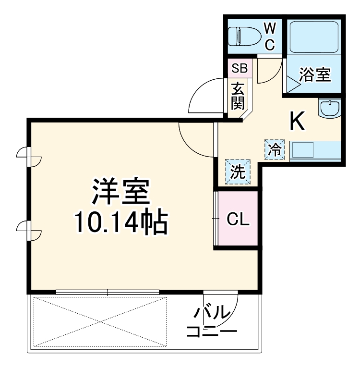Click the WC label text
click(x=269, y=36)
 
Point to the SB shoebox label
click(x=239, y=68)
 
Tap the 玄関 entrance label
click(x=238, y=96)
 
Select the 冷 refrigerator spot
click(x=275, y=149)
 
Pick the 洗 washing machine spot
click(x=238, y=172)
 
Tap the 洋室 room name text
click(x=121, y=192)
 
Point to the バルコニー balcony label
click(x=212, y=322)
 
